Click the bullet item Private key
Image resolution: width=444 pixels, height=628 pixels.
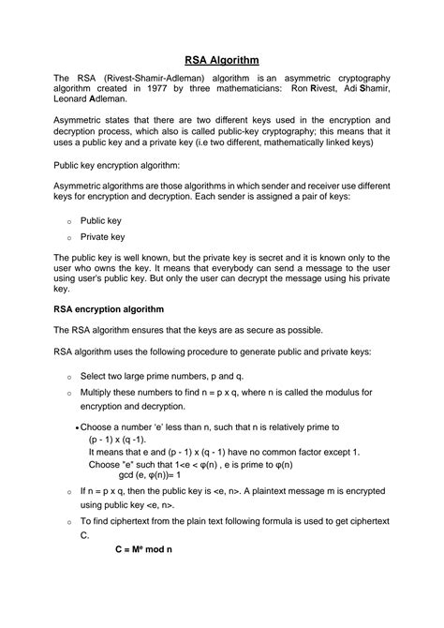(103, 237)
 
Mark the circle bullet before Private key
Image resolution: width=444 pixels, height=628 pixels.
(68, 238)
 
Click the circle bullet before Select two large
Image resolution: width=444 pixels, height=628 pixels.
(68, 376)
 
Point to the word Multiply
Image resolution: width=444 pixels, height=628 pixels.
(101, 393)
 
